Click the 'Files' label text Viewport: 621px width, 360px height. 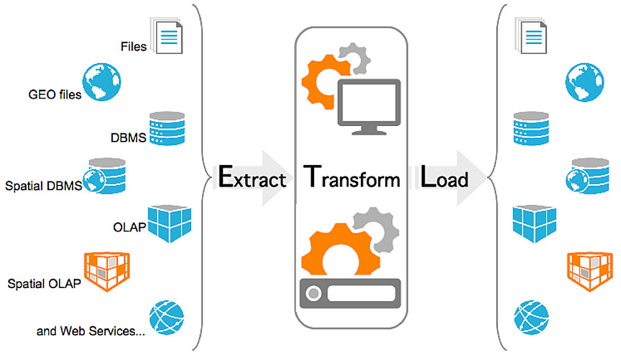[134, 47]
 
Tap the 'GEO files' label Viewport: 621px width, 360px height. [55, 96]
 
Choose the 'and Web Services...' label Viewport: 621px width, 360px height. [91, 331]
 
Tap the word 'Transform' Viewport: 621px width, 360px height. [351, 178]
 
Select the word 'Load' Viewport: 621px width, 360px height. [445, 178]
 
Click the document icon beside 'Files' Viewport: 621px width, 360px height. [166, 36]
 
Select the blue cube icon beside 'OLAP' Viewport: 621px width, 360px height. [170, 224]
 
